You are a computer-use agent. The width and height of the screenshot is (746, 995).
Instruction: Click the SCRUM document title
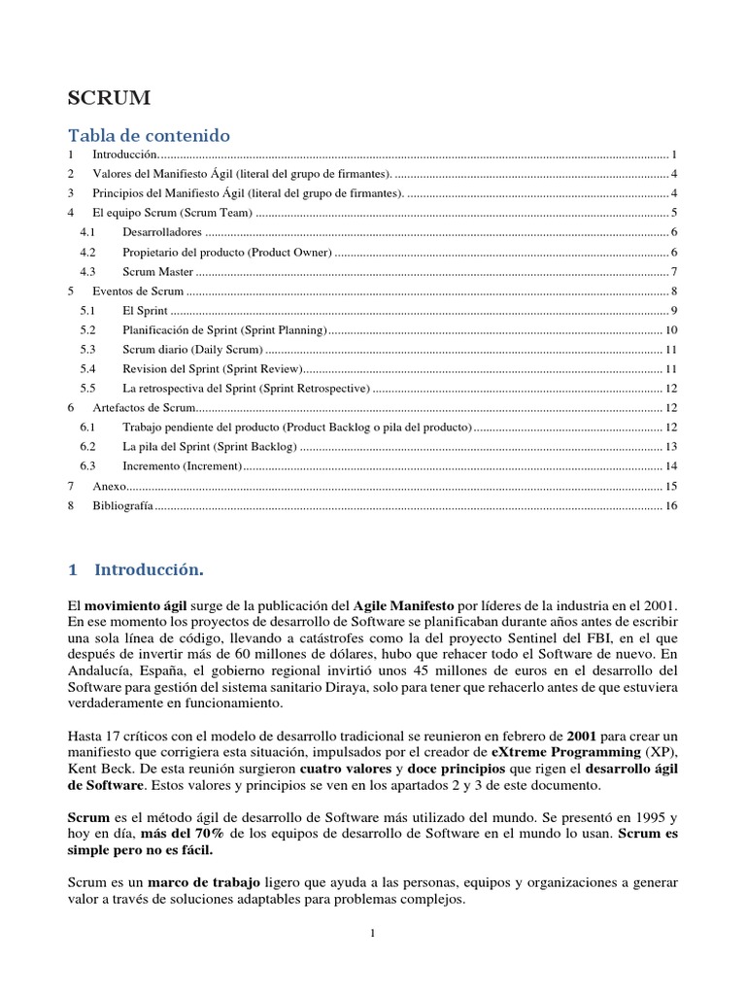108,98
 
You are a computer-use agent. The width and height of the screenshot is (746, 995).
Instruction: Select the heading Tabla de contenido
148,134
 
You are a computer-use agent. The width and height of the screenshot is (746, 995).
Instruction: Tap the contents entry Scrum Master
157,271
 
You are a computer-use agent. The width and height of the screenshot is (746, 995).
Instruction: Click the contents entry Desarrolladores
161,232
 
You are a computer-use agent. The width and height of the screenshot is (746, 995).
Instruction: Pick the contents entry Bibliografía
122,505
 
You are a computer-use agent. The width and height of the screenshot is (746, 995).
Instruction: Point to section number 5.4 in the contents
87,368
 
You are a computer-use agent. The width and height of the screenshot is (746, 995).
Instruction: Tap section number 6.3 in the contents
87,466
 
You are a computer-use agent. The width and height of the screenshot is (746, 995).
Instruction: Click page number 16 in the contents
670,505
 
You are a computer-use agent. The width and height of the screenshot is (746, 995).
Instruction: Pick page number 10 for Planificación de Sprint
670,329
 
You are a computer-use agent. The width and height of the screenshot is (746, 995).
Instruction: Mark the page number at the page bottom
372,934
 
